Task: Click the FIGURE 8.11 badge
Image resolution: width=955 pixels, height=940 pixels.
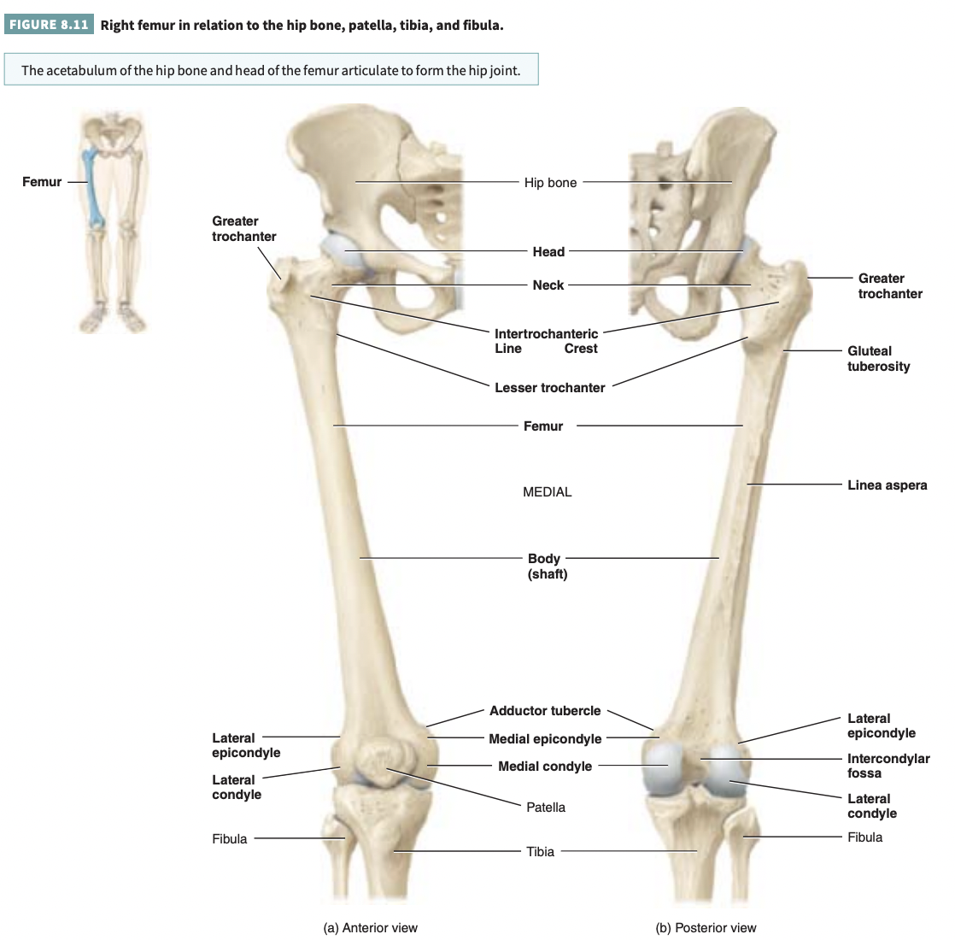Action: point(48,25)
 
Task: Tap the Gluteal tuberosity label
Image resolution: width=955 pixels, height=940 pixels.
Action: point(878,359)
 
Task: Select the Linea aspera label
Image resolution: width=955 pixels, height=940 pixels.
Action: point(887,485)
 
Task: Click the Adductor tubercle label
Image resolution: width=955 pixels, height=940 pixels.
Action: point(545,711)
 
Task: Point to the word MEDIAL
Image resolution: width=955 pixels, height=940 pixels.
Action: point(547,492)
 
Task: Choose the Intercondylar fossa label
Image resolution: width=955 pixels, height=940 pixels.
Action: point(888,766)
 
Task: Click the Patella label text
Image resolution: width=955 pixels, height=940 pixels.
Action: point(546,808)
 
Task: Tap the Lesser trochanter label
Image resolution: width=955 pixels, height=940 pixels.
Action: point(549,388)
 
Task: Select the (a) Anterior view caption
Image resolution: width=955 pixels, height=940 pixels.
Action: point(371,928)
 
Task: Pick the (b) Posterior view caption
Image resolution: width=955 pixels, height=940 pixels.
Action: point(706,928)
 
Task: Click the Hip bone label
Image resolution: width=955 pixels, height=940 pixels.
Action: point(550,183)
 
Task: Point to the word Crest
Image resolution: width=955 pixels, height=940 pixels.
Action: point(581,349)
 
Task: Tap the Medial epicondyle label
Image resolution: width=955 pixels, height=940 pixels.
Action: point(545,739)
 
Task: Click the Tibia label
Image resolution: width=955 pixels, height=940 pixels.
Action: point(540,852)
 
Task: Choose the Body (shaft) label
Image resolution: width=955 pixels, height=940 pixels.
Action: point(547,567)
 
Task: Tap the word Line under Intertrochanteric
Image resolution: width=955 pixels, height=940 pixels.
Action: point(508,349)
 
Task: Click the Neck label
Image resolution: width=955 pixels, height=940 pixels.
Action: point(548,285)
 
